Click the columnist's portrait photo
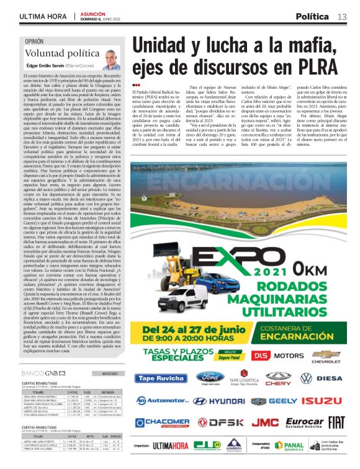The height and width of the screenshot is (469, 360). point(110,58)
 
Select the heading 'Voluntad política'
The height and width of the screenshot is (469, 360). point(54,54)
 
